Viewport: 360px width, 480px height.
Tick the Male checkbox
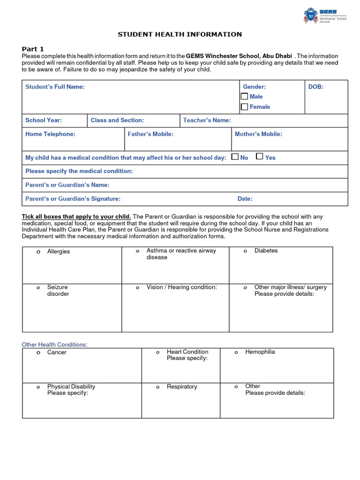(x=245, y=96)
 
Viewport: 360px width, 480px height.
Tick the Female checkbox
(x=245, y=107)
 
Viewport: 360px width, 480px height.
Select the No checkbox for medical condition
(x=235, y=157)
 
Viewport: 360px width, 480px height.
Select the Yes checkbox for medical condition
(x=260, y=157)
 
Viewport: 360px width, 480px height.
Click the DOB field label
(x=315, y=87)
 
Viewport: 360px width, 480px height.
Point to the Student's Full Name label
(x=55, y=87)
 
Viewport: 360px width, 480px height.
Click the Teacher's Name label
(x=207, y=120)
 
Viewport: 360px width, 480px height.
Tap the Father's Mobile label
(x=150, y=134)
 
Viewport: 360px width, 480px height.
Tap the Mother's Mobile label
(x=258, y=134)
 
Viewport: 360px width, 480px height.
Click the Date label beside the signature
(x=245, y=199)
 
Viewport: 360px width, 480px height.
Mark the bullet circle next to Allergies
(x=38, y=252)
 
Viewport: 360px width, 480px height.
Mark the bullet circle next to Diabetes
(x=245, y=251)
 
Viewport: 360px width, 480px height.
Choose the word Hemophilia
(x=260, y=352)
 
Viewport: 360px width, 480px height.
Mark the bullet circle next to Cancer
(x=38, y=352)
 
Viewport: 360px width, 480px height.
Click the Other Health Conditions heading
(x=55, y=345)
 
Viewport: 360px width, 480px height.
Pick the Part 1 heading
(x=33, y=49)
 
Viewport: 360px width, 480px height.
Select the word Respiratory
(x=182, y=387)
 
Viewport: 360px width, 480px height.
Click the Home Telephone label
(x=50, y=134)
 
